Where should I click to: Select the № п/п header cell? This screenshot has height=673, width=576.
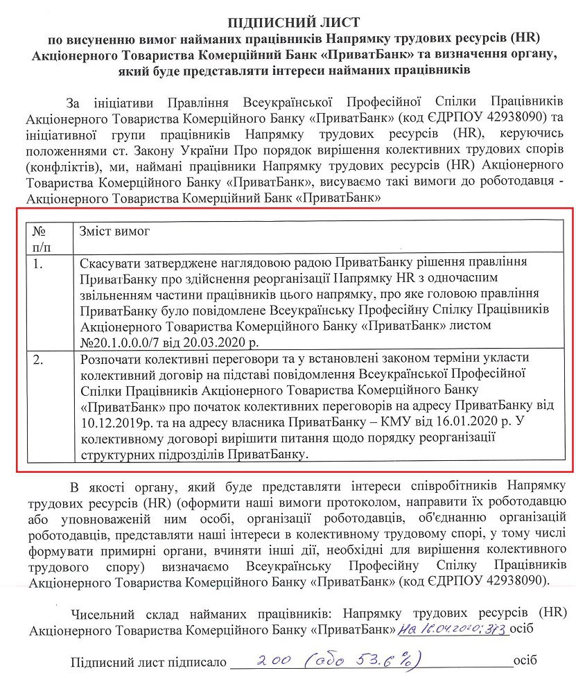[x=42, y=238]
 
